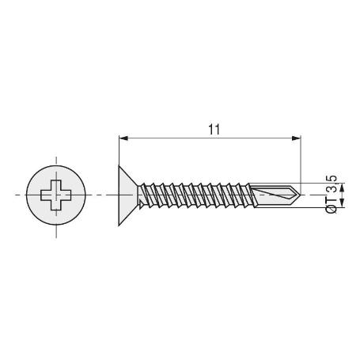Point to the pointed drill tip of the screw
297,194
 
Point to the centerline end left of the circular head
15,195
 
